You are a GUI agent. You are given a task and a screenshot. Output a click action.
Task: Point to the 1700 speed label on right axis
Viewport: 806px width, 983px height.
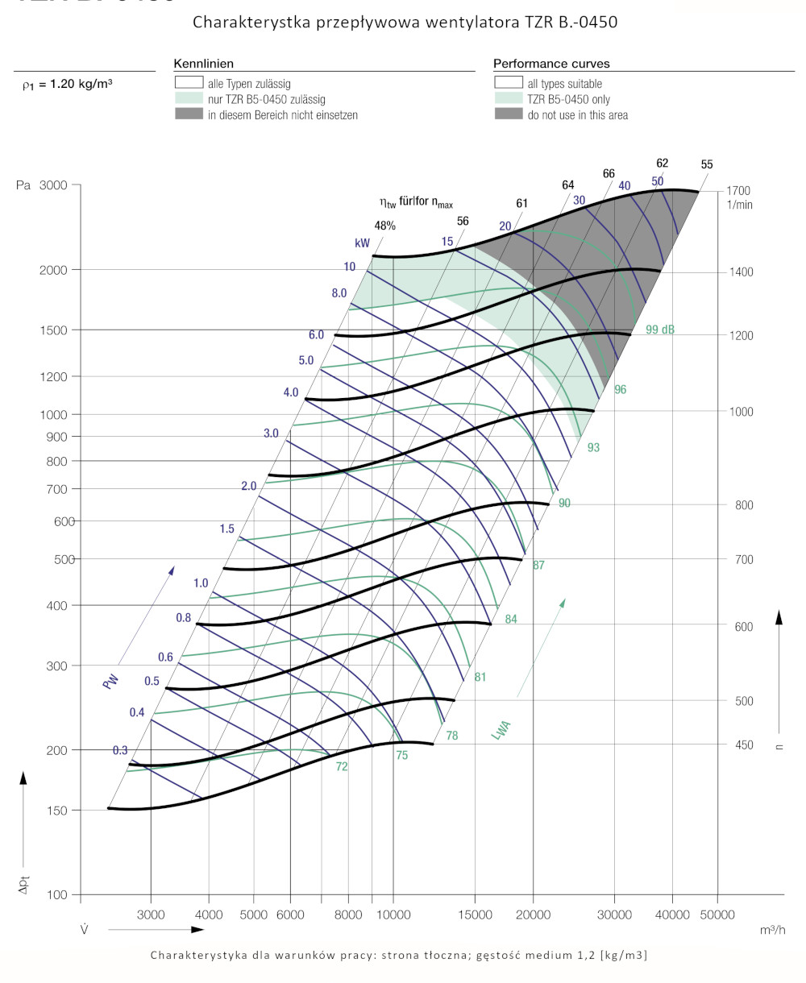point(737,191)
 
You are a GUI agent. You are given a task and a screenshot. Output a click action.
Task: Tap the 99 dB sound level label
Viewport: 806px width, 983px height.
point(660,330)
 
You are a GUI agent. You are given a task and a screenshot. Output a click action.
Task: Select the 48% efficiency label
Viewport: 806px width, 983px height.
point(384,226)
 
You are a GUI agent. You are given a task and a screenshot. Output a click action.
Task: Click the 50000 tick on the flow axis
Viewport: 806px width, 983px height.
point(717,915)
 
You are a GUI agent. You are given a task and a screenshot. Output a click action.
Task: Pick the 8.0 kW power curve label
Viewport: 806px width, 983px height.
point(339,293)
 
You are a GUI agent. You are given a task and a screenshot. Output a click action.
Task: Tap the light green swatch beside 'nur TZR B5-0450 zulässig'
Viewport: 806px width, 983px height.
point(189,99)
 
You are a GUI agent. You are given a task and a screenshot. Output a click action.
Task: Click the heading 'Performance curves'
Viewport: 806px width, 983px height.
point(551,64)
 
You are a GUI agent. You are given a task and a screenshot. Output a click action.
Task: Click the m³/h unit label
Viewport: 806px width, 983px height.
point(773,930)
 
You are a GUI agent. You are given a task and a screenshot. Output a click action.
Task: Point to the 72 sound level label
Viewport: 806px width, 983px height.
point(342,766)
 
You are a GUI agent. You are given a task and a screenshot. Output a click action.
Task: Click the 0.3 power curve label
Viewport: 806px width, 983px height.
point(120,750)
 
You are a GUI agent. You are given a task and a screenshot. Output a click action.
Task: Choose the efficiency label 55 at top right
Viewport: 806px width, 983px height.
point(707,164)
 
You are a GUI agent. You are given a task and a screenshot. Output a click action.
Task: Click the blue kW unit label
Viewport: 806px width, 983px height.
point(362,243)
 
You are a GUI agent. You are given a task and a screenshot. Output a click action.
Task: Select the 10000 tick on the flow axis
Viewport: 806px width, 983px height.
point(393,915)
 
